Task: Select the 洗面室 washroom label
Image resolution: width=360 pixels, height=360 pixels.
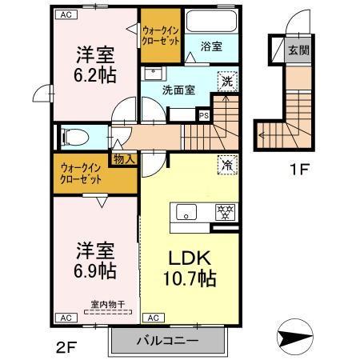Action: [178, 90]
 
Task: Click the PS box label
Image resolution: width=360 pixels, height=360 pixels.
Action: [203, 114]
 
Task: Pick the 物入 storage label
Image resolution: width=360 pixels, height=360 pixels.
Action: [124, 159]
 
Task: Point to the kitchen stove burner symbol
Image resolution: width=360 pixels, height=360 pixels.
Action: [225, 213]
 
